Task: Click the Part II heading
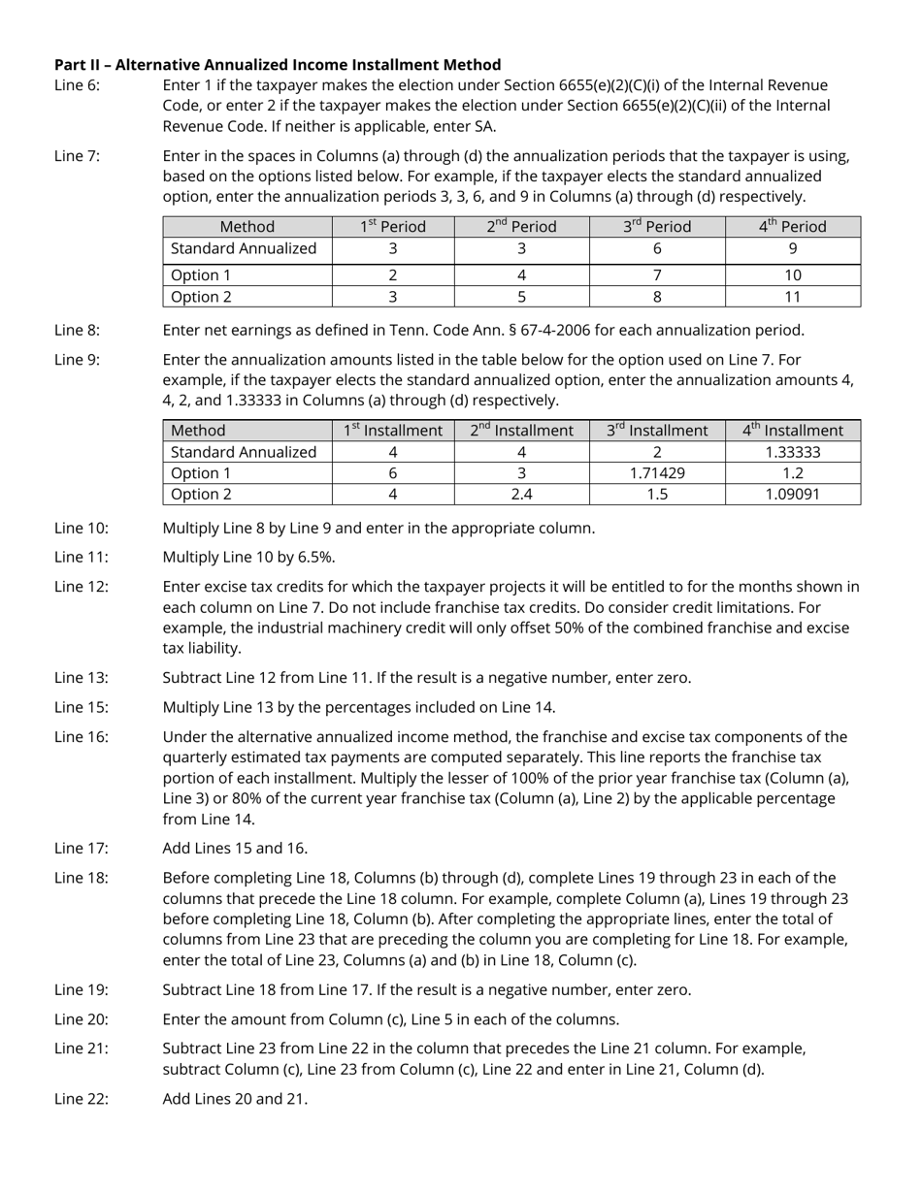[x=278, y=65]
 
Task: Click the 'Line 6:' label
[x=77, y=85]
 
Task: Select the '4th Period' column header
[x=792, y=227]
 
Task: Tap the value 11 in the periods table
[x=792, y=297]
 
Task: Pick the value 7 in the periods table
[x=657, y=275]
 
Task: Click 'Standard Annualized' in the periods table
[x=244, y=249]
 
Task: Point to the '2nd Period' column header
[x=521, y=227]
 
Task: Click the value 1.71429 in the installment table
[x=657, y=473]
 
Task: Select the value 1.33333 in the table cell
[x=792, y=452]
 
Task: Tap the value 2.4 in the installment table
[x=521, y=495]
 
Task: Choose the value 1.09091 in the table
[x=792, y=495]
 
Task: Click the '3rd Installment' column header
[x=657, y=431]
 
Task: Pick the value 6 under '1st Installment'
[x=393, y=473]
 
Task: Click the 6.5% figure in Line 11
[x=319, y=558]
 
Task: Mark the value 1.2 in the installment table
[x=792, y=473]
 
